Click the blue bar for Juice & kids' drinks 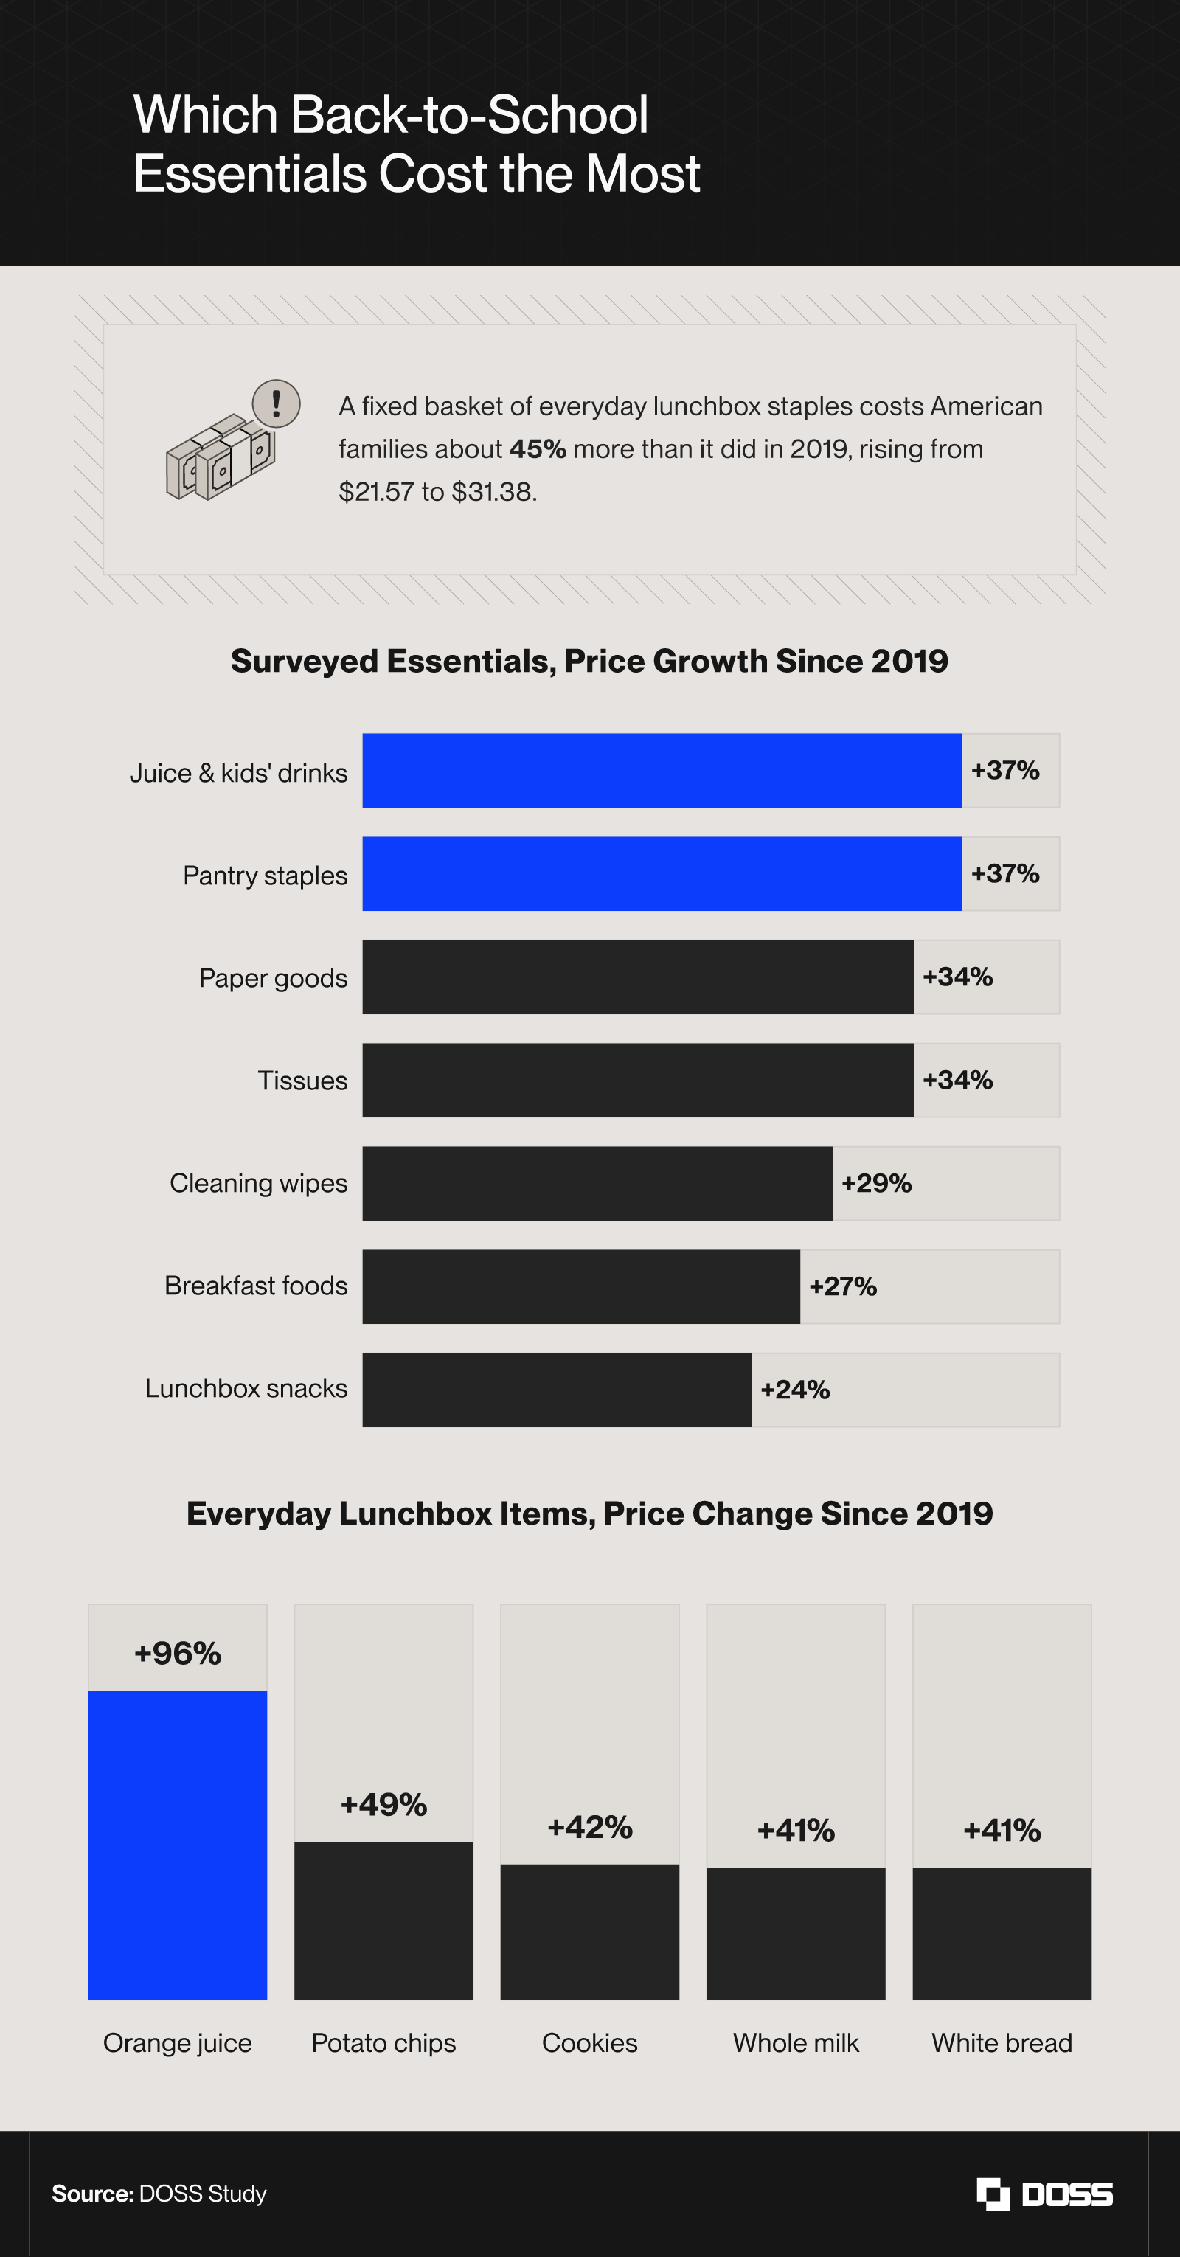tap(662, 770)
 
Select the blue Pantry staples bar tap(662, 873)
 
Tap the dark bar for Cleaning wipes tap(597, 1183)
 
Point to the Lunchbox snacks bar tap(557, 1390)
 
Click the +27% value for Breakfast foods tap(843, 1286)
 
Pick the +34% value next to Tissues tap(957, 1079)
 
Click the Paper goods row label tap(274, 979)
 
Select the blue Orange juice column tap(178, 1845)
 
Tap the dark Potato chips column tap(383, 1921)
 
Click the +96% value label tap(178, 1654)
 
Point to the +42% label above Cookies tap(589, 1827)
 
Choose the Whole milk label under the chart tap(796, 2042)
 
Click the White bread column tap(1002, 1932)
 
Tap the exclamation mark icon tap(277, 403)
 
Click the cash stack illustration tap(221, 457)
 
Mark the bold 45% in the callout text tap(538, 448)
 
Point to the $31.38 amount tap(493, 491)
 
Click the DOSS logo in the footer tap(1044, 2193)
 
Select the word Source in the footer tap(92, 2193)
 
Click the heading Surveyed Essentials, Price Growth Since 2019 tap(589, 661)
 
